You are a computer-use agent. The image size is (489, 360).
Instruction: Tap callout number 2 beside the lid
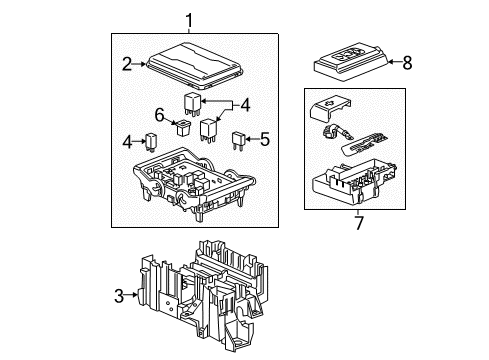127,65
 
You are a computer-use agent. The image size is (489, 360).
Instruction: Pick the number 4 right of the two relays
244,102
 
